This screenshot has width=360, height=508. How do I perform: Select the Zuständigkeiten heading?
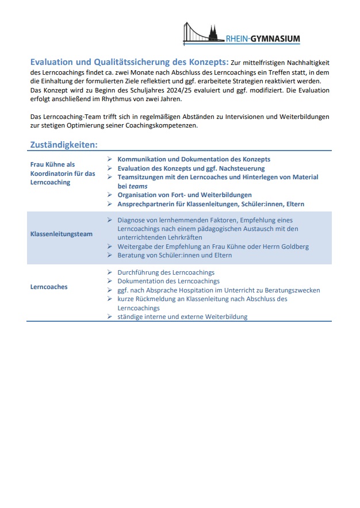tap(64, 145)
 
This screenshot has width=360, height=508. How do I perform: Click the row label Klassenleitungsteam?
tap(62, 234)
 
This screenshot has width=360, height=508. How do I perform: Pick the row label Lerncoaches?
tap(49, 287)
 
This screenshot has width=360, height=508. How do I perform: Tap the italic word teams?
tap(138, 186)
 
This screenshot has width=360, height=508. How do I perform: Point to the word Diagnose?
tap(132, 220)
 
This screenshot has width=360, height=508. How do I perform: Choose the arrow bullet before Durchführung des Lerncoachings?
tap(109, 272)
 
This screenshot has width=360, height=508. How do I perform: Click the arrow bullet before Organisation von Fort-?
tap(109, 195)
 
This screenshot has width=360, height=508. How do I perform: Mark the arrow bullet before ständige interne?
tap(109, 317)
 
